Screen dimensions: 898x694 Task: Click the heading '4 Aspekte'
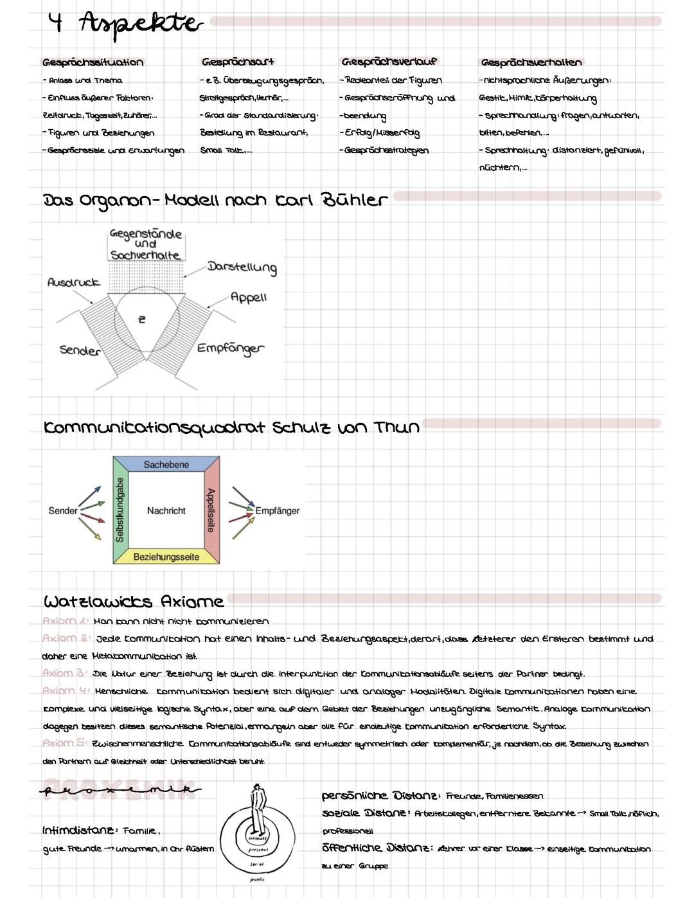[125, 24]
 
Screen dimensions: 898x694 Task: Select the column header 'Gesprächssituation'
[93, 62]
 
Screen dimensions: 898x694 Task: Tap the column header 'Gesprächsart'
[238, 62]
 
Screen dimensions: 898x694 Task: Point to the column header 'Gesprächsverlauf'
[389, 62]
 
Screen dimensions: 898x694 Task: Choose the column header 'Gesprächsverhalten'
[531, 62]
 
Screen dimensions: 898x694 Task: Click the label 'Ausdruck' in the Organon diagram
[74, 282]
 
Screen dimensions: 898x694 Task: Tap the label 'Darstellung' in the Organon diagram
[242, 267]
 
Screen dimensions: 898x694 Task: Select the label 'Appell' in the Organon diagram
[248, 297]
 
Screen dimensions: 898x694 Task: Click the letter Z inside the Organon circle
[142, 319]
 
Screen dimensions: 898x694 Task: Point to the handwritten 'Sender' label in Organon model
[80, 350]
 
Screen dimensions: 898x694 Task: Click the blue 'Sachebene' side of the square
[166, 464]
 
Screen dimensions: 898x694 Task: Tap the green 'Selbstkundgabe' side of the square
[120, 510]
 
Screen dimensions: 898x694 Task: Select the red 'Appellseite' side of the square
[211, 510]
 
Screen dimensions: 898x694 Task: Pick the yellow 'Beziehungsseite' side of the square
[166, 557]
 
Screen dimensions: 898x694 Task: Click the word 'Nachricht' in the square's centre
[166, 510]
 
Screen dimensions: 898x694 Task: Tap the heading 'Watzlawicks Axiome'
[134, 602]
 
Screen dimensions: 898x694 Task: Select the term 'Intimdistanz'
[79, 831]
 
